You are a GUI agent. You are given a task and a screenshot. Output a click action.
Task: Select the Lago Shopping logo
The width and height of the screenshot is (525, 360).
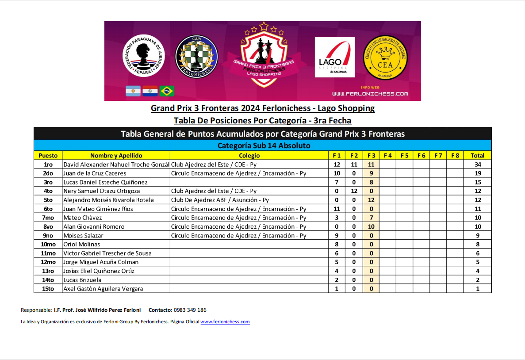tap(334, 57)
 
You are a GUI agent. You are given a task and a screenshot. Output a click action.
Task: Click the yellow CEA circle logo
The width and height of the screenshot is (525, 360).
tap(384, 57)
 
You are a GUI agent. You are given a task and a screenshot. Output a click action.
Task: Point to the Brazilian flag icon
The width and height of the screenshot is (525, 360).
tap(167, 91)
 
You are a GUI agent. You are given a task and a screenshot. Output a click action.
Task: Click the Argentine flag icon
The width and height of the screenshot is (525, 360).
tap(133, 91)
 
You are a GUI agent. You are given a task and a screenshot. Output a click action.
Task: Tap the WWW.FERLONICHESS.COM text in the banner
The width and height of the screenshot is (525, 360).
tap(370, 94)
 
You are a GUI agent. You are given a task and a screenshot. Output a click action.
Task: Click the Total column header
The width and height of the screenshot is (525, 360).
tap(477, 155)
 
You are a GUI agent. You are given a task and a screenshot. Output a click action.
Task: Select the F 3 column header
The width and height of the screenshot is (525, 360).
tap(371, 155)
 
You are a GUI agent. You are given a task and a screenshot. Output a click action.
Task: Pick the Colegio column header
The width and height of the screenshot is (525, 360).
tap(249, 155)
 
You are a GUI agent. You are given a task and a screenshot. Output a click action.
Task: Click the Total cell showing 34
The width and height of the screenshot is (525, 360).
tap(477, 165)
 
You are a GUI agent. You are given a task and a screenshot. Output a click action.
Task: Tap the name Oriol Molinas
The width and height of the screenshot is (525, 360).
tap(82, 244)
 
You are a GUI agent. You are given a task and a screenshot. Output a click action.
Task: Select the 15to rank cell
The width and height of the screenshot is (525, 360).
tap(48, 289)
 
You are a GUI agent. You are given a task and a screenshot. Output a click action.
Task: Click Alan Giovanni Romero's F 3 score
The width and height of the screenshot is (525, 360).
tap(371, 226)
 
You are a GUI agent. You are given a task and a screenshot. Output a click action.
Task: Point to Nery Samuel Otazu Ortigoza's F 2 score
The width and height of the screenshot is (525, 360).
tap(354, 191)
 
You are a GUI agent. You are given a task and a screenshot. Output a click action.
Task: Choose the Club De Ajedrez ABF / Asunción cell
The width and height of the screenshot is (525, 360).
tap(220, 200)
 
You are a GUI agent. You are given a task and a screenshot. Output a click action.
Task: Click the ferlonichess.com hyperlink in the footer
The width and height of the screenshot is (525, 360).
tap(225, 322)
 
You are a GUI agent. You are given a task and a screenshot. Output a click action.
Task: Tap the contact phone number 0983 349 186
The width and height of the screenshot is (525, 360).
tap(190, 310)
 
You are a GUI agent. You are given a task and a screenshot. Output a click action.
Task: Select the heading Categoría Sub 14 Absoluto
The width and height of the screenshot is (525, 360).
tap(264, 146)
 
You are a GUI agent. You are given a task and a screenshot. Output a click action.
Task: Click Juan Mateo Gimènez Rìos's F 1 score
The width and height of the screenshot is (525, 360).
tap(337, 209)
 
